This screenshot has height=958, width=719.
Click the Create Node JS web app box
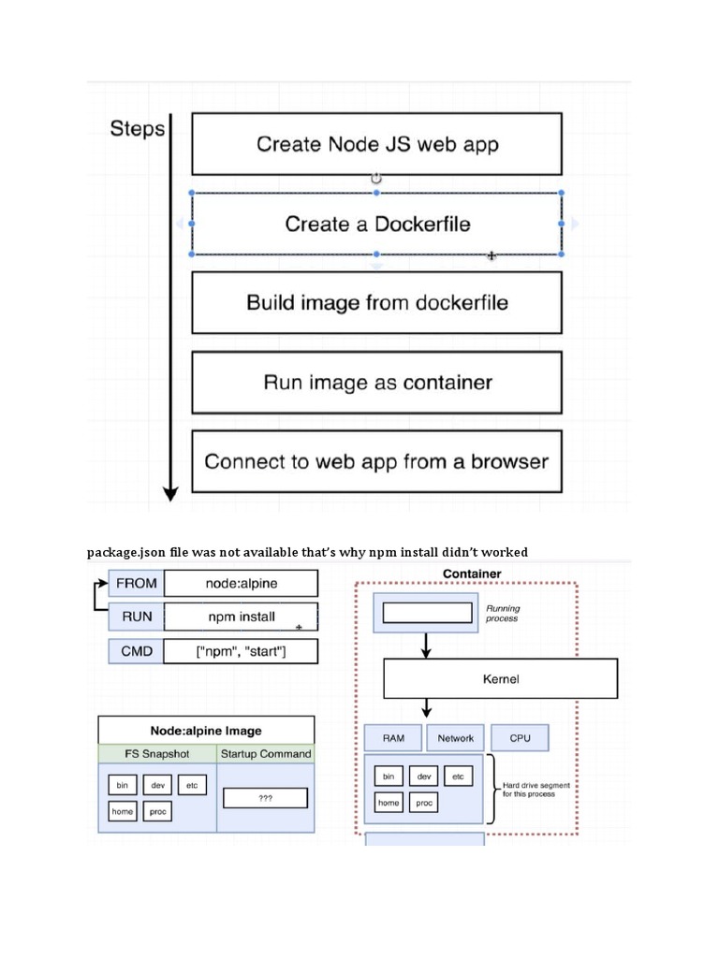(376, 144)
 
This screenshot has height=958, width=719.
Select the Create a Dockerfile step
(376, 225)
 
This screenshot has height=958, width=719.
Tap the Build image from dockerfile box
(376, 303)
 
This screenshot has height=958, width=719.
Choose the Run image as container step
(376, 383)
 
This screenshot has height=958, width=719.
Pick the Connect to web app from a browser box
(376, 461)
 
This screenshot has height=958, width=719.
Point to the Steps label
(137, 129)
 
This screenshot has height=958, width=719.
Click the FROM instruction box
(136, 583)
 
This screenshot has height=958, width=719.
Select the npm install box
(241, 617)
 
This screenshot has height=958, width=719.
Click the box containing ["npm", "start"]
(241, 651)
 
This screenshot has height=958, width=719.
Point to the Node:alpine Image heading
(206, 731)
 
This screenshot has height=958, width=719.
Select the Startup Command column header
(266, 753)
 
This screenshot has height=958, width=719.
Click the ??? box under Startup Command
(265, 798)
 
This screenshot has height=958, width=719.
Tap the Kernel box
(500, 678)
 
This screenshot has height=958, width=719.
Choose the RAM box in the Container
(393, 738)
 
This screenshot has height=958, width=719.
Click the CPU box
(520, 738)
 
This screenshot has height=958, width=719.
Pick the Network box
(456, 738)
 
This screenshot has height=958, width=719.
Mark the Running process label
(503, 613)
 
